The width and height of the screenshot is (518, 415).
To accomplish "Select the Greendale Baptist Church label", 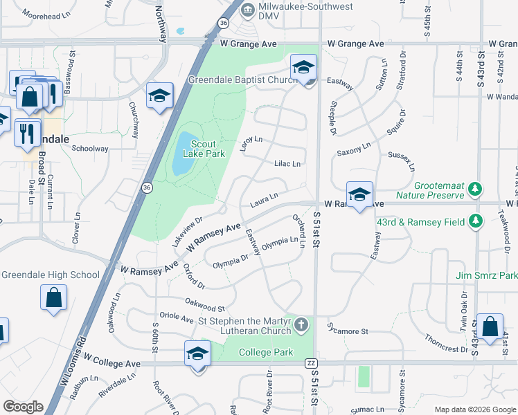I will tap(243, 80).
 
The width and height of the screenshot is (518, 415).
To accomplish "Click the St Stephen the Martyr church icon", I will tap(301, 324).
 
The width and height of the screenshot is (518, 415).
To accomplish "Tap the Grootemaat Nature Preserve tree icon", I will tap(474, 189).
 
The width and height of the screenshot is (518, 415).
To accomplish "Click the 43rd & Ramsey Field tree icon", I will tap(475, 221).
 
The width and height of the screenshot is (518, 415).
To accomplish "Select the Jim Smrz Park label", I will tap(486, 276).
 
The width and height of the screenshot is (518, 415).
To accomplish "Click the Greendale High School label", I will tap(50, 275).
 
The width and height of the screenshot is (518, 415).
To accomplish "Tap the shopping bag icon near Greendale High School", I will tap(54, 298).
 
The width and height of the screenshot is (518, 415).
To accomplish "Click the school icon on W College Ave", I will tap(198, 354).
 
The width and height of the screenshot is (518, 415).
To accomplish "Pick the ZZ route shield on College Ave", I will tap(310, 363).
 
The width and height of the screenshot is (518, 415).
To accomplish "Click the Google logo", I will tap(23, 407).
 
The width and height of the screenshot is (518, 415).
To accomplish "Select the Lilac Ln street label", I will tap(287, 164).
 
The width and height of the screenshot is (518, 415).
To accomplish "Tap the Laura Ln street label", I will tap(264, 200).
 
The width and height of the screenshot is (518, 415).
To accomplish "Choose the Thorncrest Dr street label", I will tap(447, 344).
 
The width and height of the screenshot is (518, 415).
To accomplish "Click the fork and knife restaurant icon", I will tap(27, 131).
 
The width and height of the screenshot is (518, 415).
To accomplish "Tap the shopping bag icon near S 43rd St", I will tap(490, 328).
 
